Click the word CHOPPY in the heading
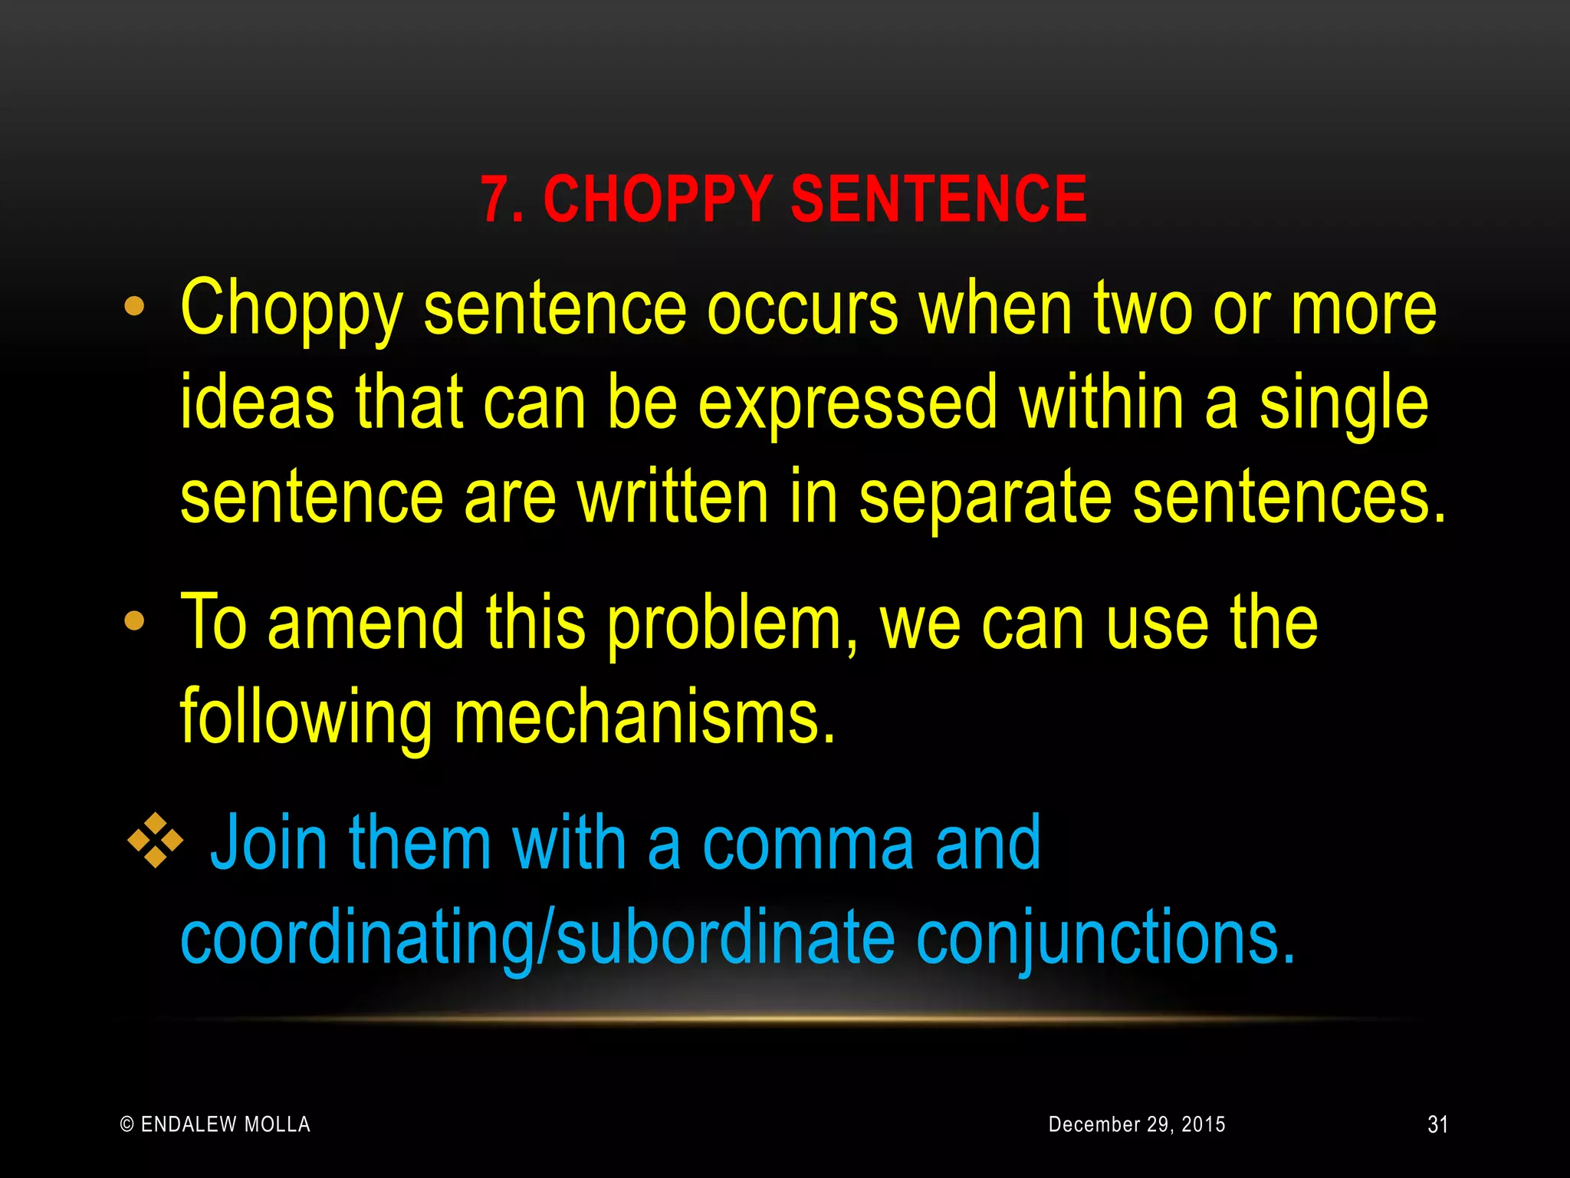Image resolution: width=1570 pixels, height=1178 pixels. point(657,199)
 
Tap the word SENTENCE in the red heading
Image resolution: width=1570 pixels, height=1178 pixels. point(938,199)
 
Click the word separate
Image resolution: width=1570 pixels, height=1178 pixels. point(984,498)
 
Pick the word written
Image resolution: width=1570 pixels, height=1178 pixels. point(672,498)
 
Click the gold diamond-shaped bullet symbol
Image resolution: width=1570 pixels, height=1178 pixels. point(155,841)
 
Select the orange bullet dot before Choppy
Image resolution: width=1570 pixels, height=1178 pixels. point(134,307)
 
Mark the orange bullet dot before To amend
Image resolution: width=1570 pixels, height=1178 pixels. point(134,621)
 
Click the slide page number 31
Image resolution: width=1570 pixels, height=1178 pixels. point(1437,1124)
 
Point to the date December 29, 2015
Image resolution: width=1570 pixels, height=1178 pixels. point(1137,1124)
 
